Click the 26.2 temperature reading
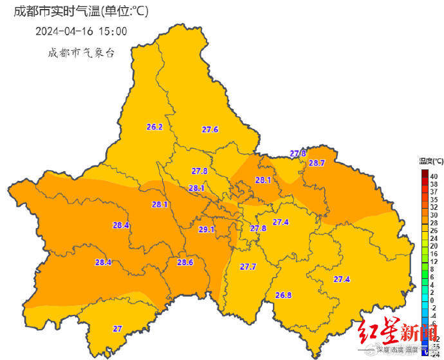pyautogui.click(x=154, y=127)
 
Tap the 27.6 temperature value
pyautogui.click(x=210, y=129)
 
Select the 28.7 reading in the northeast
pyautogui.click(x=317, y=163)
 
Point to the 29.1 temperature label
pyautogui.click(x=207, y=229)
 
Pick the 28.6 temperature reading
pyautogui.click(x=185, y=262)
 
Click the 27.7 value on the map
pyautogui.click(x=248, y=267)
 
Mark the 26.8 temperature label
pyautogui.click(x=283, y=295)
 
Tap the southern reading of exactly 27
pyautogui.click(x=118, y=328)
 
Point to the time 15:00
pyautogui.click(x=113, y=31)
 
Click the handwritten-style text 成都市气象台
pyautogui.click(x=81, y=53)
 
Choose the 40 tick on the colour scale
pyautogui.click(x=434, y=176)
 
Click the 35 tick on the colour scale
pyautogui.click(x=434, y=199)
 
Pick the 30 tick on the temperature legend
pyautogui.click(x=434, y=214)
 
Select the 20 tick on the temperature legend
pyautogui.click(x=434, y=245)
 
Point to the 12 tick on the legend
pyautogui.click(x=434, y=261)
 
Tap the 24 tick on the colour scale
pyautogui.click(x=434, y=238)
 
